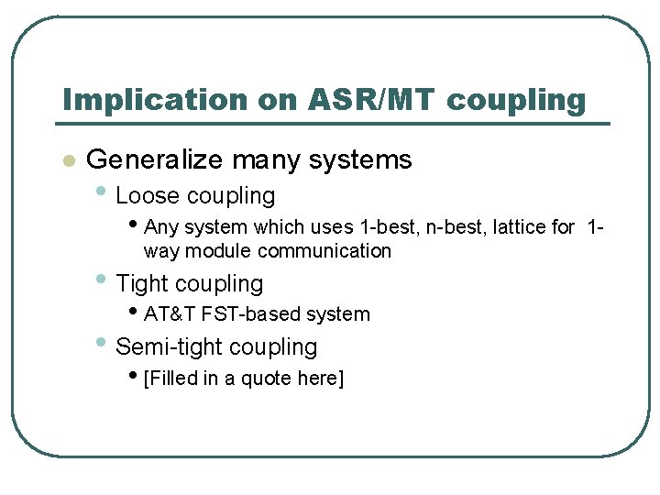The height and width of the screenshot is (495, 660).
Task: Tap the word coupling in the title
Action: click(x=515, y=101)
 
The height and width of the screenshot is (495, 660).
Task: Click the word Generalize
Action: click(x=154, y=160)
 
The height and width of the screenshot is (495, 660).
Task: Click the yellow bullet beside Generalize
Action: click(x=66, y=161)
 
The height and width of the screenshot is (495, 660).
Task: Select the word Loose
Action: click(x=148, y=196)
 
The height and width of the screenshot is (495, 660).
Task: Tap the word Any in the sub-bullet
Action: click(x=161, y=226)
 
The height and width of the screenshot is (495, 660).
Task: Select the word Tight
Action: click(x=145, y=284)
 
